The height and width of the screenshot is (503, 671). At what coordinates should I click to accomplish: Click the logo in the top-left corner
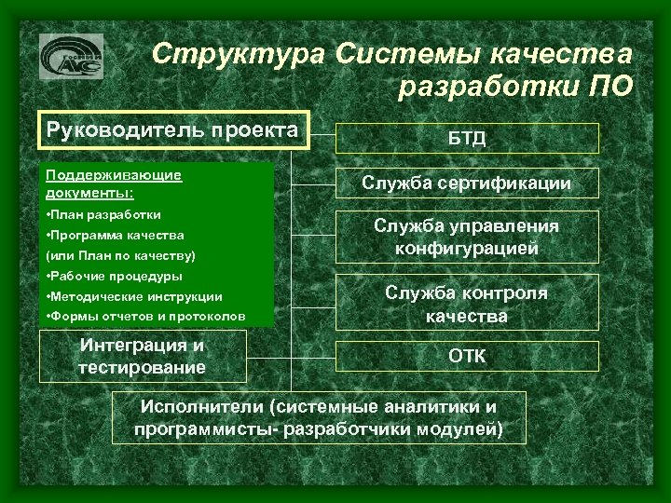[x=71, y=57]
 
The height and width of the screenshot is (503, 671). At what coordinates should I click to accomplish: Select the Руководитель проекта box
[x=172, y=130]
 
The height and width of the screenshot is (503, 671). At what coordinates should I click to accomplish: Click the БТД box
[x=466, y=139]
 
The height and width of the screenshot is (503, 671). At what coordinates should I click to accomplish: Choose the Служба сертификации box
[x=466, y=184]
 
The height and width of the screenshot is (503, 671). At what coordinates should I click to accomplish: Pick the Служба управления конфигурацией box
[x=466, y=238]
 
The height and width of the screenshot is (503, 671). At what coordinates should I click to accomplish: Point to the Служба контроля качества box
[x=466, y=304]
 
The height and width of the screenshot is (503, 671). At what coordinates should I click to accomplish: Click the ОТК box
[x=466, y=356]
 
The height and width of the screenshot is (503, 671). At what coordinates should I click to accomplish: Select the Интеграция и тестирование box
[x=143, y=356]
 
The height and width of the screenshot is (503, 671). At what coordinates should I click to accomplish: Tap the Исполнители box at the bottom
[x=318, y=417]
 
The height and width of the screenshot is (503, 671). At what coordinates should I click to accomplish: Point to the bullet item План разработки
[x=103, y=214]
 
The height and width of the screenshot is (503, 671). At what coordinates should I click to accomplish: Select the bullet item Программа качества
[x=115, y=236]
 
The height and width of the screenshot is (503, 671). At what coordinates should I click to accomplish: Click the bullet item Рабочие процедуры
[x=114, y=276]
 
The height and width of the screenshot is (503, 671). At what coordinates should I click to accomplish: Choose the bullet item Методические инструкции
[x=133, y=296]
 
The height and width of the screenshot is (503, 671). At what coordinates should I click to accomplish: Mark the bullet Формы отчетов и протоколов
[x=145, y=317]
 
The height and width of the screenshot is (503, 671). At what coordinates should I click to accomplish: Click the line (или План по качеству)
[x=120, y=255]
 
